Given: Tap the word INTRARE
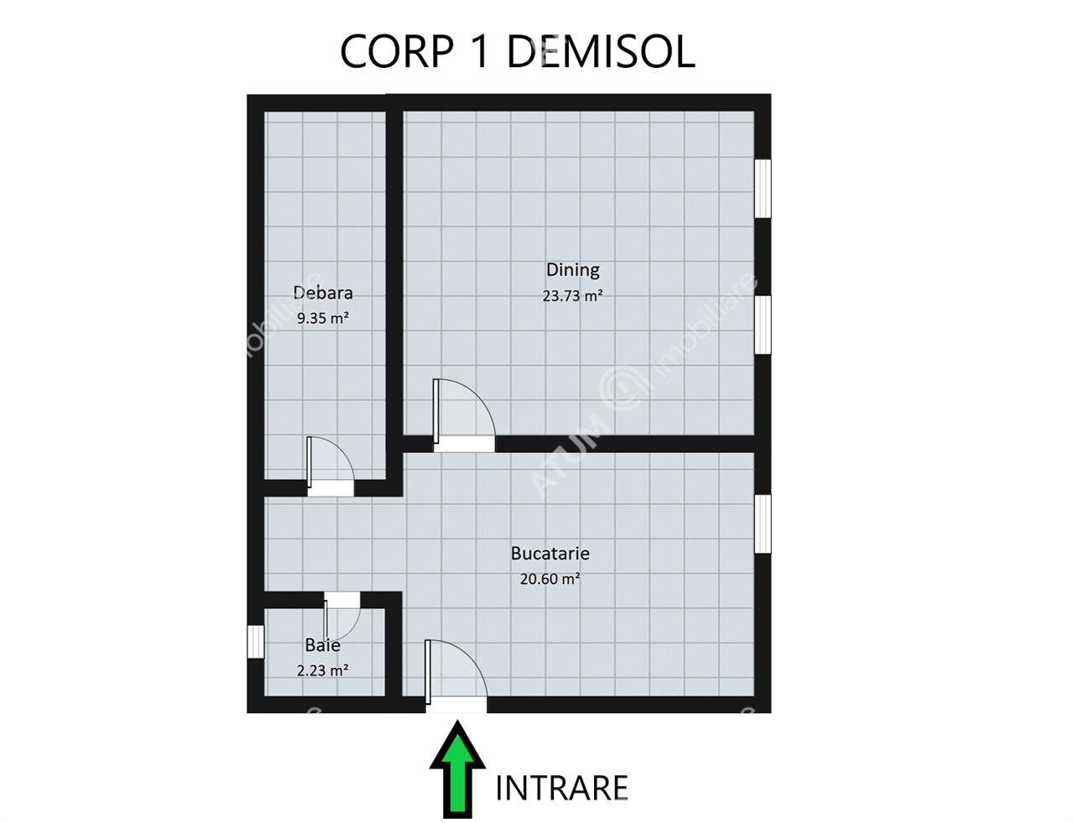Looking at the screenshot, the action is click(x=561, y=789).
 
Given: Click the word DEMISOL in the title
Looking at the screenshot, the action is click(x=601, y=51).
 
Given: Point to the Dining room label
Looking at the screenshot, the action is click(x=573, y=270).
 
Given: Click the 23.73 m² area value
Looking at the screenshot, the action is click(x=573, y=296).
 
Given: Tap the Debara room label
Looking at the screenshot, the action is click(x=323, y=293).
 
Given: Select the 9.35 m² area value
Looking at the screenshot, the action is click(x=323, y=318).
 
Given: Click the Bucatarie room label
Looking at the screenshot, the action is click(x=550, y=553).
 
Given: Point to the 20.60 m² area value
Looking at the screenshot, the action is click(x=550, y=579).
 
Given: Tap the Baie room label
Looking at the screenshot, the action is click(x=323, y=645).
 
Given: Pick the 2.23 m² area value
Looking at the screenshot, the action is click(x=323, y=670).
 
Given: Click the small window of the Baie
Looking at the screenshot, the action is click(x=256, y=642).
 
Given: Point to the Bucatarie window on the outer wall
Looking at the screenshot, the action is click(x=763, y=524).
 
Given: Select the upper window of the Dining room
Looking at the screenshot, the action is click(x=763, y=188).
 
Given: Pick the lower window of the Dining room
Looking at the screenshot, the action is click(x=763, y=325).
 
